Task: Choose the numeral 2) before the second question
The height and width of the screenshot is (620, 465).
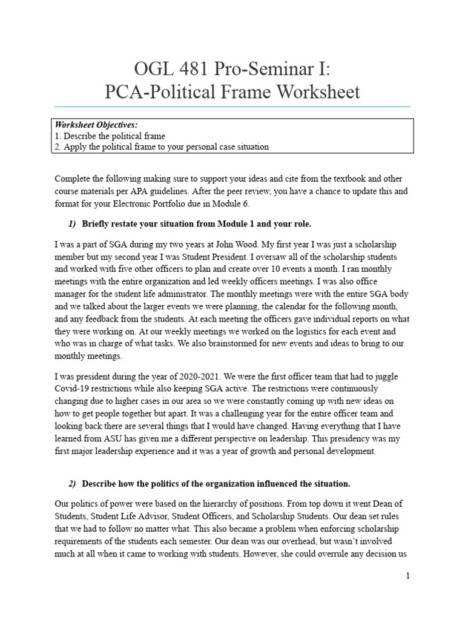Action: [x=73, y=484]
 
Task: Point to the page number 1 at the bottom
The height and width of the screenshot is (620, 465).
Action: [x=408, y=576]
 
